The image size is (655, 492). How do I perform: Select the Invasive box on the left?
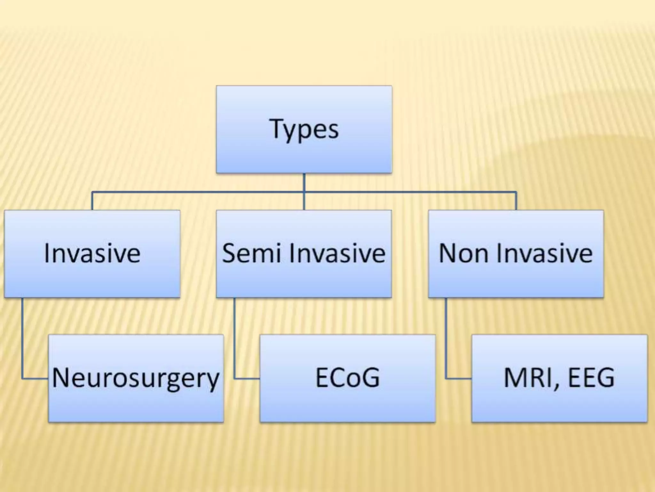[x=92, y=254]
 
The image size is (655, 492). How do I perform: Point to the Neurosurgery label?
[x=136, y=378]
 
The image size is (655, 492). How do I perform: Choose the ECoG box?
[x=348, y=378]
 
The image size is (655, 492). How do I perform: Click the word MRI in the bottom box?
[x=528, y=378]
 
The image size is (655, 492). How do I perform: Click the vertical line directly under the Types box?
[x=304, y=183]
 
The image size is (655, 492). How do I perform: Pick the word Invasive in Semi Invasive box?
[x=337, y=253]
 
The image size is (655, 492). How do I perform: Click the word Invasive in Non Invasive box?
[x=549, y=253]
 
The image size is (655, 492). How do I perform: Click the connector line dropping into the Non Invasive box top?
[x=516, y=201]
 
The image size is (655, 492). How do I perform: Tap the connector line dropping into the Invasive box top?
[x=92, y=201]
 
